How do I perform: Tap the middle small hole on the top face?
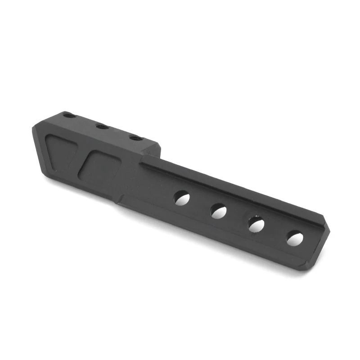pyautogui.click(x=102, y=126)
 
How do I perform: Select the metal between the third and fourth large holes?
pyautogui.click(x=275, y=231)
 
